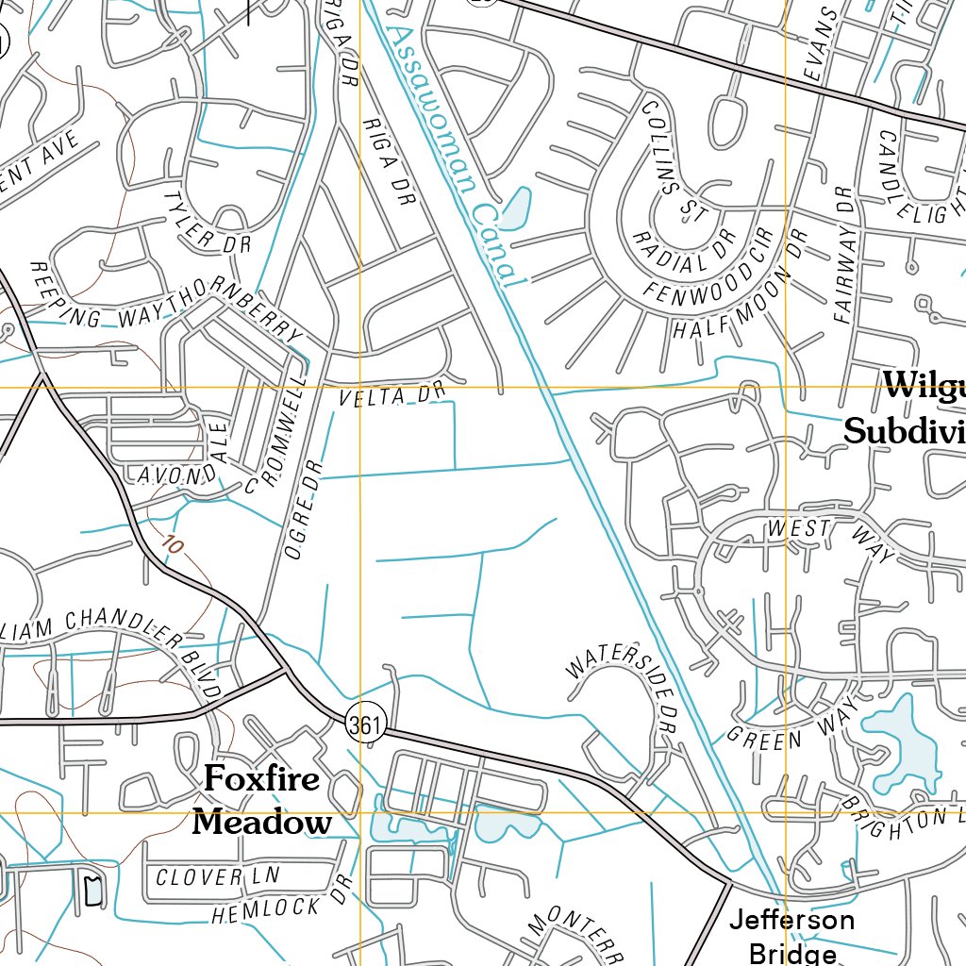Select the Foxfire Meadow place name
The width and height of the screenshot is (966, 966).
pos(262,801)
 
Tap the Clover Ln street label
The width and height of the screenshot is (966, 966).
pos(212,876)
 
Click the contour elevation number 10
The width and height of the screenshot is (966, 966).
pos(171,545)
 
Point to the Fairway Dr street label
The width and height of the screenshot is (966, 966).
pos(843,255)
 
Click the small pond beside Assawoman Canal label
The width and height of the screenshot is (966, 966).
pos(515,209)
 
